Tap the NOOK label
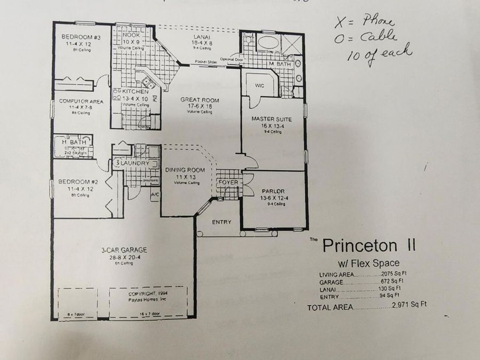coord(131,35)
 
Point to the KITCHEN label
coord(135,91)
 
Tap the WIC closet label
coord(260,85)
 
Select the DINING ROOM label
coord(185,170)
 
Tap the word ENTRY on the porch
coord(221,222)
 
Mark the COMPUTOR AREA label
coord(81,101)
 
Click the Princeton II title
coord(369,246)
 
